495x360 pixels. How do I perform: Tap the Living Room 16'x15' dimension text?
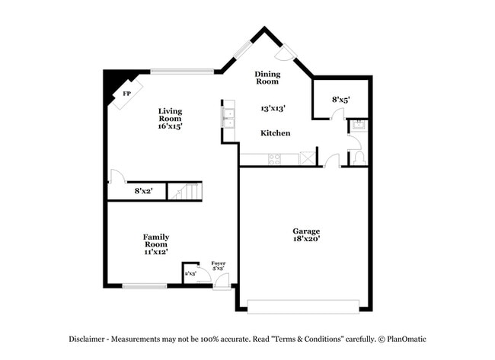coord(170,126)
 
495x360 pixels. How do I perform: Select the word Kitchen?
coord(275,133)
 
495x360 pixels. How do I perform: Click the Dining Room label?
coord(267,78)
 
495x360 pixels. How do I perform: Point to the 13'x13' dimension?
coord(273,108)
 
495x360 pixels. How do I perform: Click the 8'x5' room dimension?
coord(340,100)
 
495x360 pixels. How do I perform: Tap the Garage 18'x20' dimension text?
coord(306,239)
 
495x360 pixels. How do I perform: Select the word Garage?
coord(306,231)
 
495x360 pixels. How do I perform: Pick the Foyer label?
coord(219,263)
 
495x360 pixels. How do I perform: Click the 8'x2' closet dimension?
coord(144,191)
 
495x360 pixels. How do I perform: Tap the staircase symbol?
coord(185,191)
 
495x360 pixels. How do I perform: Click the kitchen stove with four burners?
coord(272,158)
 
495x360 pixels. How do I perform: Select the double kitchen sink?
coord(227,116)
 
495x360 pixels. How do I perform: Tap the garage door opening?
coord(303,307)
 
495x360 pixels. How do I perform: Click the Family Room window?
coord(145,286)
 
